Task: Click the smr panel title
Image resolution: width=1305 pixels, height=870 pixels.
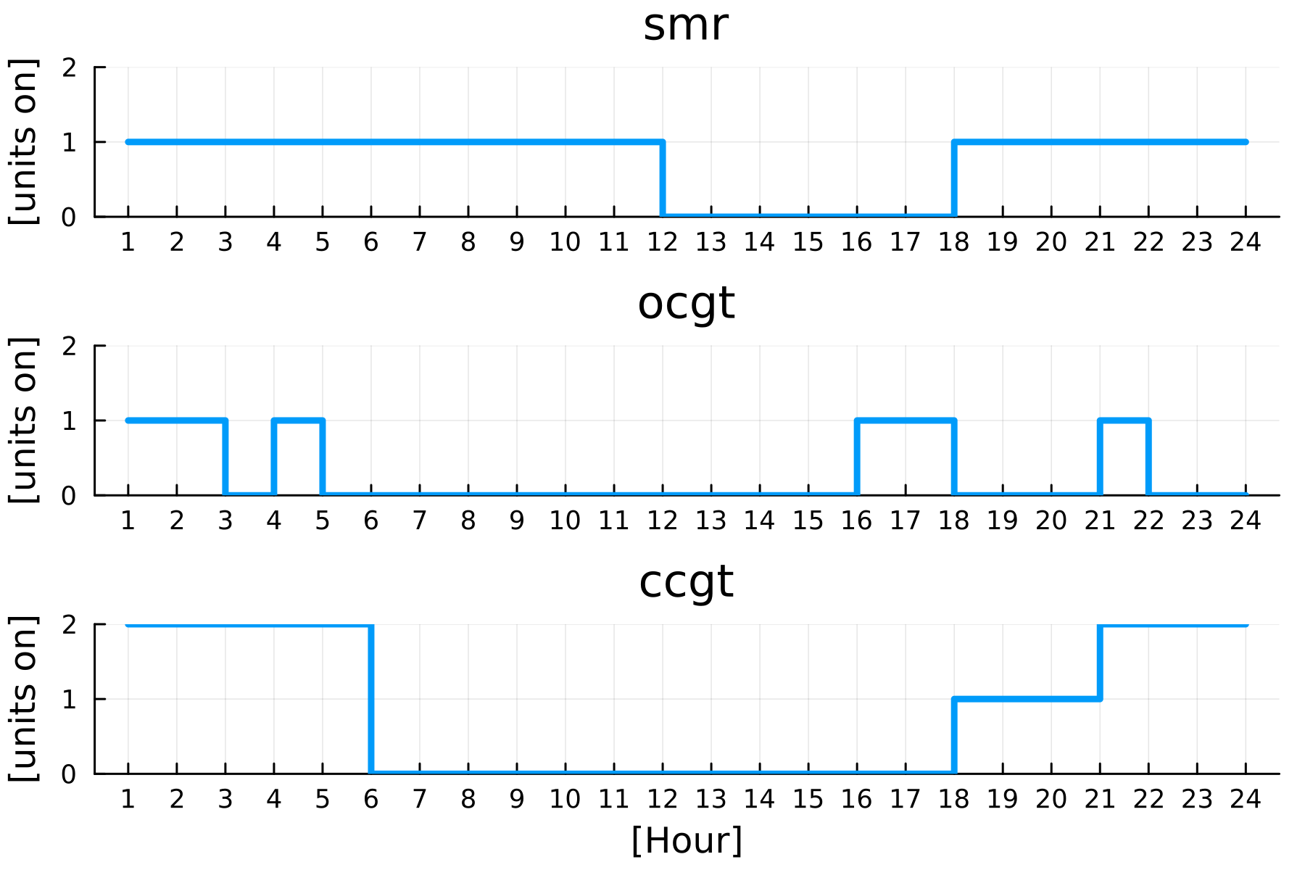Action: (685, 25)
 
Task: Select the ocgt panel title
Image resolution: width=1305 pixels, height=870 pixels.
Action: (686, 303)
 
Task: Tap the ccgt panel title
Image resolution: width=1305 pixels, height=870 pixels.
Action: (686, 581)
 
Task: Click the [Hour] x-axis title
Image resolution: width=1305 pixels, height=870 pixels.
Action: (687, 841)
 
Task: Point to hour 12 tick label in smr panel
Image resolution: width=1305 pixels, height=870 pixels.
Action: (662, 242)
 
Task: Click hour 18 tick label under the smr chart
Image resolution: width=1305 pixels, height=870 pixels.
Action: (953, 242)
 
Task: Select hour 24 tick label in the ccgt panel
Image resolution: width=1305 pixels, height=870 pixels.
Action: (1245, 799)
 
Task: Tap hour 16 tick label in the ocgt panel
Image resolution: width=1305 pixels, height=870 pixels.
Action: (856, 521)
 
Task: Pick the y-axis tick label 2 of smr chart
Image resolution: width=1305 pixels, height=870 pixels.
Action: (70, 68)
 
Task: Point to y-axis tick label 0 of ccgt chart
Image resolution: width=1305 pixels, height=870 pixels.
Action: (70, 774)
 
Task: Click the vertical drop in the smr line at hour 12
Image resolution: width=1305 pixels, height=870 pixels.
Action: (663, 178)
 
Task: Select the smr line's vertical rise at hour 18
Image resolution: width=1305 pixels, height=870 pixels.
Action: (954, 178)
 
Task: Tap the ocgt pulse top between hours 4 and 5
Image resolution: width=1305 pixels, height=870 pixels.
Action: (298, 420)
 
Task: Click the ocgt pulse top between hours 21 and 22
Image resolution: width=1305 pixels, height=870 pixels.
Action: (1124, 420)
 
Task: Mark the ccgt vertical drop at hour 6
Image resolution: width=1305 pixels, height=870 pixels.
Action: (371, 699)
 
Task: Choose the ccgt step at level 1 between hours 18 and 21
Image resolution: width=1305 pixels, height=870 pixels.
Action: (1027, 699)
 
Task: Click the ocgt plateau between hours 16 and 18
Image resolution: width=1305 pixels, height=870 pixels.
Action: (905, 420)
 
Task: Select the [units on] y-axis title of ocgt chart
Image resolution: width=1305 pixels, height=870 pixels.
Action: (23, 420)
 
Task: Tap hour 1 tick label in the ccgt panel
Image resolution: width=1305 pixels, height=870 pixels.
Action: (128, 799)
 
